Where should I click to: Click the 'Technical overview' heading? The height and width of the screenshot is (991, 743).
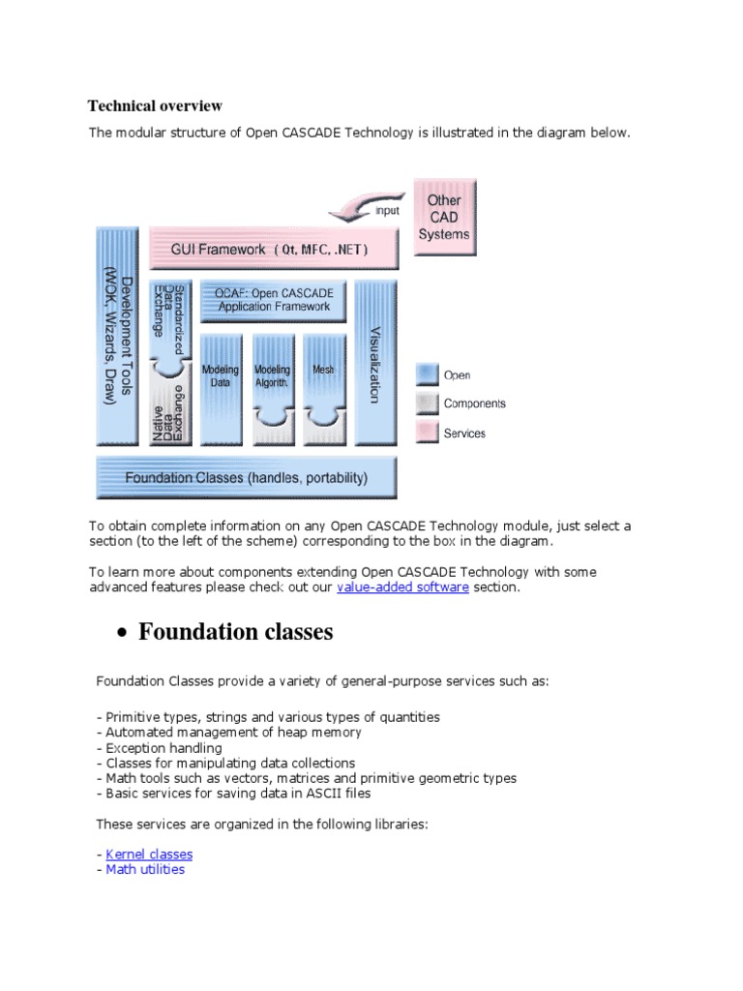(155, 105)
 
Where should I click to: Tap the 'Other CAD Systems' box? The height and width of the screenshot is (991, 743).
(444, 217)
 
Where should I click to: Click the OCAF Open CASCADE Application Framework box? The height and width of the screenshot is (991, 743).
(274, 300)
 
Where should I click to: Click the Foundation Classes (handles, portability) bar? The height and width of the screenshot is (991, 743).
(247, 477)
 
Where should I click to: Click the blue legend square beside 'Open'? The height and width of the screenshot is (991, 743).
(427, 375)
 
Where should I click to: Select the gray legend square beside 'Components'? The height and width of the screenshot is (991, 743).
(427, 404)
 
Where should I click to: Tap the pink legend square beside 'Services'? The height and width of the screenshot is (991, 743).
(427, 433)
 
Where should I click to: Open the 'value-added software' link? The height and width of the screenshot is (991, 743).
(402, 587)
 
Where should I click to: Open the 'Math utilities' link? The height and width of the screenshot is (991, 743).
(145, 869)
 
